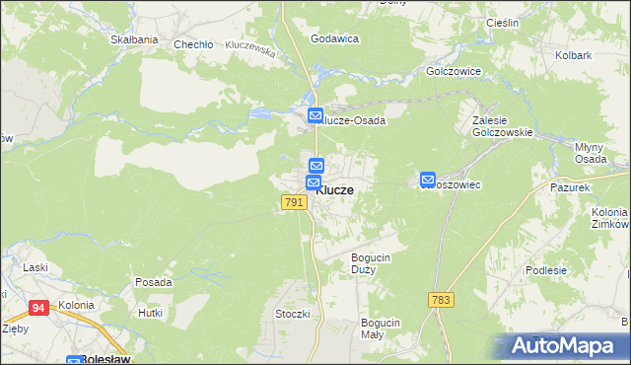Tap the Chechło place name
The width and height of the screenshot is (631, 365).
coord(193,44)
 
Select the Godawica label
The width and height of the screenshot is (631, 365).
coord(334,38)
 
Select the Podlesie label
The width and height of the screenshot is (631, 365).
coord(574,270)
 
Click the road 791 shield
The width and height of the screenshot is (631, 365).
coord(293,202)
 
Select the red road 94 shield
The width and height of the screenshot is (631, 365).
coord(38,308)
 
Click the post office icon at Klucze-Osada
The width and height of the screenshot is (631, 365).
coord(315,116)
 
